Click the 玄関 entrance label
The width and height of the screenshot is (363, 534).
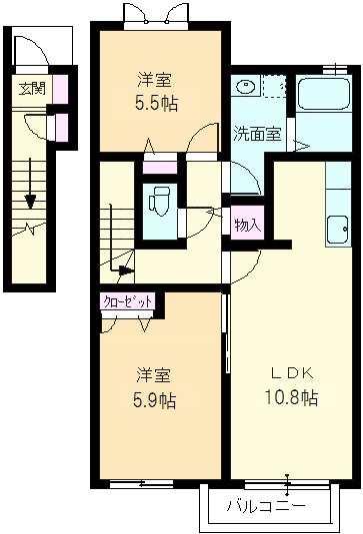pyautogui.click(x=32, y=89)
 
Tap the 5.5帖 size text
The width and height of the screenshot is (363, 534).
pyautogui.click(x=157, y=104)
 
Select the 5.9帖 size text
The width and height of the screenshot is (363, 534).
pyautogui.click(x=155, y=400)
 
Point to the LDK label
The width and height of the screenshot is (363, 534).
pyautogui.click(x=292, y=373)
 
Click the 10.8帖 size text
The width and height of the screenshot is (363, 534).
pyautogui.click(x=292, y=397)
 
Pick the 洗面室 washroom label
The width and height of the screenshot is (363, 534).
pyautogui.click(x=257, y=134)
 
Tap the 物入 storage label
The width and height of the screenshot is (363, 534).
pyautogui.click(x=248, y=225)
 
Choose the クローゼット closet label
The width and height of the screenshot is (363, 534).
pyautogui.click(x=128, y=301)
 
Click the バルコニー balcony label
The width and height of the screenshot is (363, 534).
pyautogui.click(x=266, y=506)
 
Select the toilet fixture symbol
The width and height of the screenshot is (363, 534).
pyautogui.click(x=159, y=201)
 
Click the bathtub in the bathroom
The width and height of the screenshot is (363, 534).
pyautogui.click(x=324, y=94)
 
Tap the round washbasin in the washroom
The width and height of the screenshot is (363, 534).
pyautogui.click(x=245, y=87)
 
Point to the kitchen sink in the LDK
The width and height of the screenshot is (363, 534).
pyautogui.click(x=337, y=230)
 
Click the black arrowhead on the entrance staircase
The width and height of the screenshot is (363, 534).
pyautogui.click(x=30, y=202)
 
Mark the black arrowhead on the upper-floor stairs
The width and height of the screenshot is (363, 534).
pyautogui.click(x=126, y=270)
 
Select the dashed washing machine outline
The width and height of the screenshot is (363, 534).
pyautogui.click(x=274, y=87)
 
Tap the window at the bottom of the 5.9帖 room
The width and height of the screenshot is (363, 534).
pyautogui.click(x=141, y=483)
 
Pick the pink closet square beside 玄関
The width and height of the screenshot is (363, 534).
pyautogui.click(x=60, y=89)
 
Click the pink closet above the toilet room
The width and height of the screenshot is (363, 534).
pyautogui.click(x=160, y=168)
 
